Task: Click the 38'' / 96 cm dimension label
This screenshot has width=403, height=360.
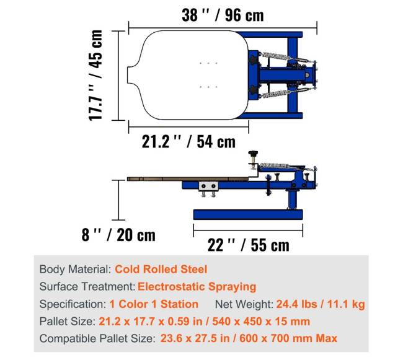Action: [223, 15]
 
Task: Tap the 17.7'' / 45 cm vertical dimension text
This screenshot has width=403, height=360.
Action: [95, 75]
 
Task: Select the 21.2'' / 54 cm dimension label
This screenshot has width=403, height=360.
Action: [188, 142]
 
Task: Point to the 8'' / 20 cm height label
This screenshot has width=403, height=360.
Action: [118, 235]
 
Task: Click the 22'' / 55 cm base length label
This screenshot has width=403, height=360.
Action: [248, 245]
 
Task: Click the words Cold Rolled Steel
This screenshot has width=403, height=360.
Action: [161, 269]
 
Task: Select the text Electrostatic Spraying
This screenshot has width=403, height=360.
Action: [197, 287]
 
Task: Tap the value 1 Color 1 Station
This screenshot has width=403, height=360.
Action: [154, 304]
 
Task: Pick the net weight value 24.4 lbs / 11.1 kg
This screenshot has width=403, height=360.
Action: [321, 304]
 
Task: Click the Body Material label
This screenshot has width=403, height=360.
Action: [75, 270]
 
